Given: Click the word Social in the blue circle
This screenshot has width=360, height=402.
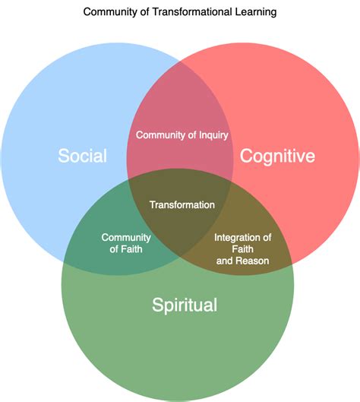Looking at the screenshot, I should [82, 157].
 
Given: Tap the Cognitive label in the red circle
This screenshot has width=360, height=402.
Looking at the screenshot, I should [277, 157].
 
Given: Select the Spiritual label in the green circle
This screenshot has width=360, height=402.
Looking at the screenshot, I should [185, 305].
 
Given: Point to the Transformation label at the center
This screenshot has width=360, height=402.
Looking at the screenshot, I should [182, 204].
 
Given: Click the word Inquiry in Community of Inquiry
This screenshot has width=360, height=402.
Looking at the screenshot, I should [213, 135].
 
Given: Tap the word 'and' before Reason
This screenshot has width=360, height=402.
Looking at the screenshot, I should [225, 261].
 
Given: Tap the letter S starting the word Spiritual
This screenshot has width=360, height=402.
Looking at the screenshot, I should [157, 305].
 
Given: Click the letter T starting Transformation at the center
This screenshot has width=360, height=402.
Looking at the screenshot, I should [152, 204].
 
